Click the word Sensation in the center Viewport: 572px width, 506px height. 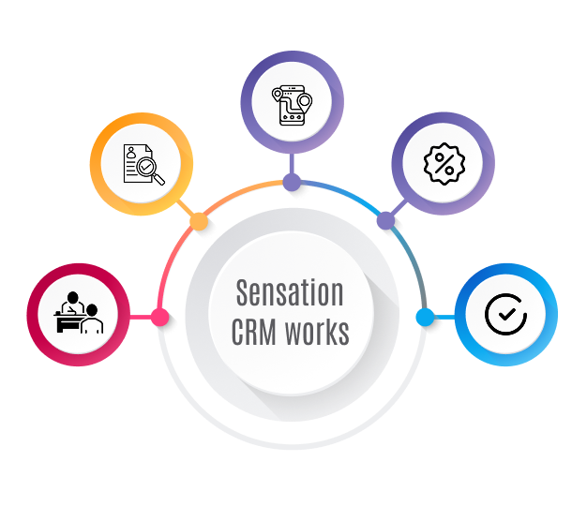point(290,292)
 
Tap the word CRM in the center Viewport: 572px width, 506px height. point(253,332)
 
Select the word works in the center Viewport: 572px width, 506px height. point(317,332)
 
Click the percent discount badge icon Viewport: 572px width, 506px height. point(444,164)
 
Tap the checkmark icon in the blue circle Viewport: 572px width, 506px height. point(506,314)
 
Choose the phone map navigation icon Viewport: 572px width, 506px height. point(292,105)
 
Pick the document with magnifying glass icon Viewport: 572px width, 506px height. point(143,165)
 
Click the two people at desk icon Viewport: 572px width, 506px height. point(79,312)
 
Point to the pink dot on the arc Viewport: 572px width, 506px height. point(160,317)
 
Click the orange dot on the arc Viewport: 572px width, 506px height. point(199,221)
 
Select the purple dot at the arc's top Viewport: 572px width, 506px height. point(292,183)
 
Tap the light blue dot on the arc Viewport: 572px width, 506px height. point(425,317)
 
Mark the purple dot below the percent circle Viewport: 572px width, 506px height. point(385,220)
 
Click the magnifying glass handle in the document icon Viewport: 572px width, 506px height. point(159,179)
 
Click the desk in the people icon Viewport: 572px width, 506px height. point(69,322)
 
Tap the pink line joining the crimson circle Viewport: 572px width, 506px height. point(141,317)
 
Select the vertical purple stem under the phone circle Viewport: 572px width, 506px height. point(292,163)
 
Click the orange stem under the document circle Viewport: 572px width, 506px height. point(186,208)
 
